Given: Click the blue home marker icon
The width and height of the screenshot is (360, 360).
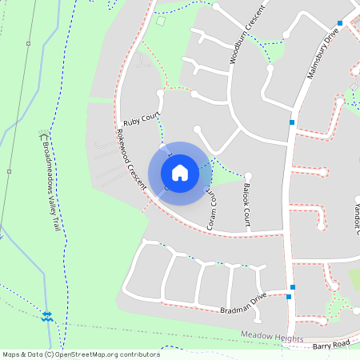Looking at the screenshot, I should tap(180, 172).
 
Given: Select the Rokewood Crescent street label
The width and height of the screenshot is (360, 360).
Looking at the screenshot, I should tap(132, 159).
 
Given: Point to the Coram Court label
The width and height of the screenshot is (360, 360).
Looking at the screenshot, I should tap(212, 210).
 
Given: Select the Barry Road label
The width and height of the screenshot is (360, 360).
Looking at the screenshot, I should tap(331, 344).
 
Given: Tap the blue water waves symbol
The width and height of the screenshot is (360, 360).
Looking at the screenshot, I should tap(47, 316).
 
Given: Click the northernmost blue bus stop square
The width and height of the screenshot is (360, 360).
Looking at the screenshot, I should tap(340, 23).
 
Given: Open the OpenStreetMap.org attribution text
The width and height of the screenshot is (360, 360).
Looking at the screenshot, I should tap(81, 354).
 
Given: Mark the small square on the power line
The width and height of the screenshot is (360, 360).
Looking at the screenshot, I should tap(9, 171).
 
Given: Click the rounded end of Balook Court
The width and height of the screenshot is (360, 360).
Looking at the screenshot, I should tap(248, 175).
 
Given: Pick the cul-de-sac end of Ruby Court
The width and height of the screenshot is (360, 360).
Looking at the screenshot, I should tap(160, 93).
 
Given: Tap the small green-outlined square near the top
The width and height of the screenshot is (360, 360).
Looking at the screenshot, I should tap(160, 21).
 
